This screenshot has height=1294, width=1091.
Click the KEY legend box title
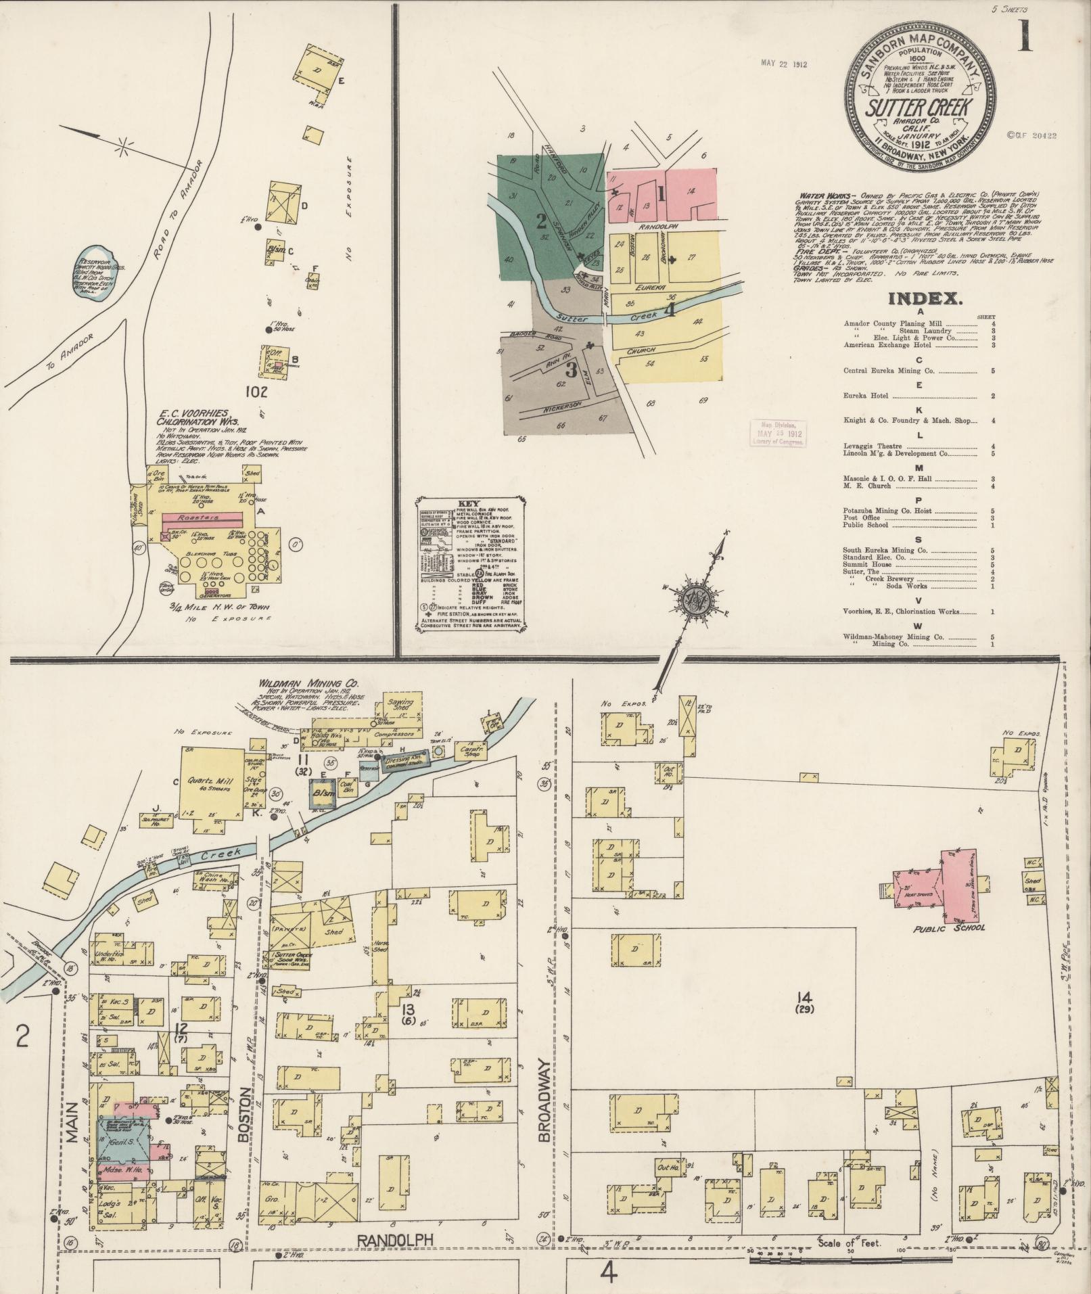click(468, 504)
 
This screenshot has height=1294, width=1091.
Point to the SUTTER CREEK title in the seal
click(918, 107)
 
